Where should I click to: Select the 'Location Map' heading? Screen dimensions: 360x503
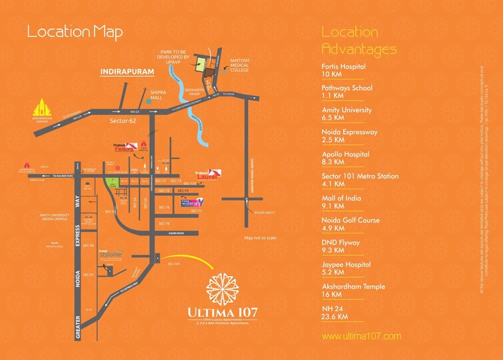click(75, 32)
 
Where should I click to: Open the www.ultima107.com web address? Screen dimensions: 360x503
click(361, 336)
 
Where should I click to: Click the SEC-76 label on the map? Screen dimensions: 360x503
click(164, 207)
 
